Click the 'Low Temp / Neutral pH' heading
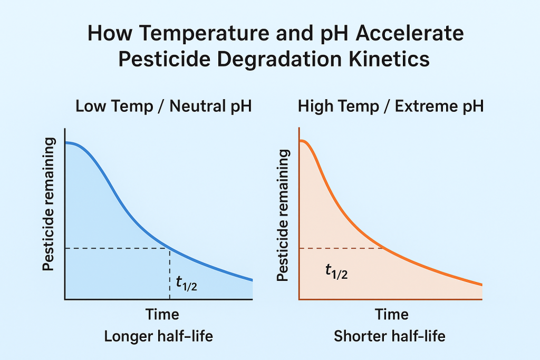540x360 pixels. point(163,106)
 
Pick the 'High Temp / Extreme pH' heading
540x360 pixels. point(391,106)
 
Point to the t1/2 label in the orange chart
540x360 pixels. point(336,271)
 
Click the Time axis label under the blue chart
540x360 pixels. point(162,315)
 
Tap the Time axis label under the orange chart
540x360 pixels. point(391,315)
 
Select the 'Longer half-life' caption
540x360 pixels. point(158,336)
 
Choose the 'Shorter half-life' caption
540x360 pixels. point(390,336)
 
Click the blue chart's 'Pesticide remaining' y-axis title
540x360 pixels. point(49,205)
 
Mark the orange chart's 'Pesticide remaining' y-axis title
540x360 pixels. point(283,215)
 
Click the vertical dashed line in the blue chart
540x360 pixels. point(169,274)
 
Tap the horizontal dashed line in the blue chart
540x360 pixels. point(116,248)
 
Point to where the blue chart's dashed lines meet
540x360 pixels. point(169,248)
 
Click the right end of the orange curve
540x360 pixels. point(481,285)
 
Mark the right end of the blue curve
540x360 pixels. point(252,280)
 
